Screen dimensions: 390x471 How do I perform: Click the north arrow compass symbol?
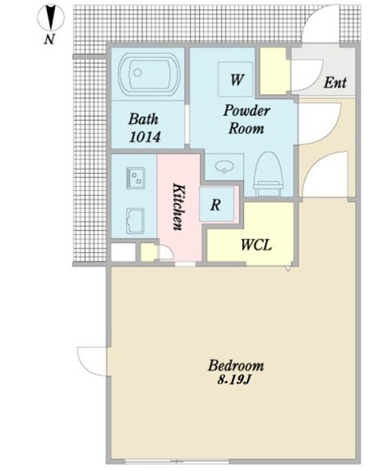coord(50,18)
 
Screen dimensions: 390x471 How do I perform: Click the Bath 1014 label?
coord(144,128)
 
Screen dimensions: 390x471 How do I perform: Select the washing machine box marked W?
coord(236,79)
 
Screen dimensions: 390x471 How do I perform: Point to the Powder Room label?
coord(246,119)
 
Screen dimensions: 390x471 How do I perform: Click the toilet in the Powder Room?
coord(269,173)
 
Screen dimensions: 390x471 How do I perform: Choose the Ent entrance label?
coord(335,82)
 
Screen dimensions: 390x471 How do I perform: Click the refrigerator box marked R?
coord(216,205)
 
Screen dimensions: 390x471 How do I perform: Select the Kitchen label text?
coord(178,206)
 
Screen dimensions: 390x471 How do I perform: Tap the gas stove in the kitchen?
coord(136,177)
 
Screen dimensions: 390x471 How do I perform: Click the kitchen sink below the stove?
coord(135,221)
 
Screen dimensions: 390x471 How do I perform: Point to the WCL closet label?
coord(256,245)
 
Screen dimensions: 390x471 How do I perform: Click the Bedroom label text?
coord(236,366)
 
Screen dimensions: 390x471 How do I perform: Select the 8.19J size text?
coord(234,380)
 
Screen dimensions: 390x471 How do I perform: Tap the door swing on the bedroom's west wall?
coord(92,361)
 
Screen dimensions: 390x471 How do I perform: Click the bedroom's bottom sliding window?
coord(177,461)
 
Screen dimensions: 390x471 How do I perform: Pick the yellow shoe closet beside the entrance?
coord(273,71)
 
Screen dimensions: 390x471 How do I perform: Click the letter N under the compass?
coord(50,39)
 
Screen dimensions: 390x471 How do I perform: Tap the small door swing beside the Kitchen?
coord(165,252)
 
